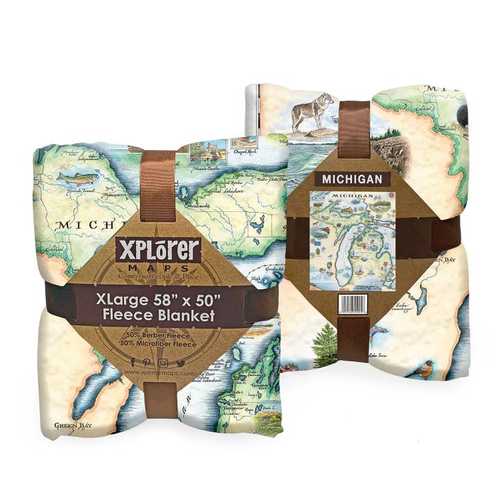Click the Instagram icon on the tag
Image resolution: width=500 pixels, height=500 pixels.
(x=162, y=362)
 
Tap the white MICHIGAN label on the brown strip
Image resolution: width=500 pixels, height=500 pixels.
(x=351, y=179)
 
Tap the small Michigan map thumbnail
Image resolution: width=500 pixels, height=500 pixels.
(x=352, y=240)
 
